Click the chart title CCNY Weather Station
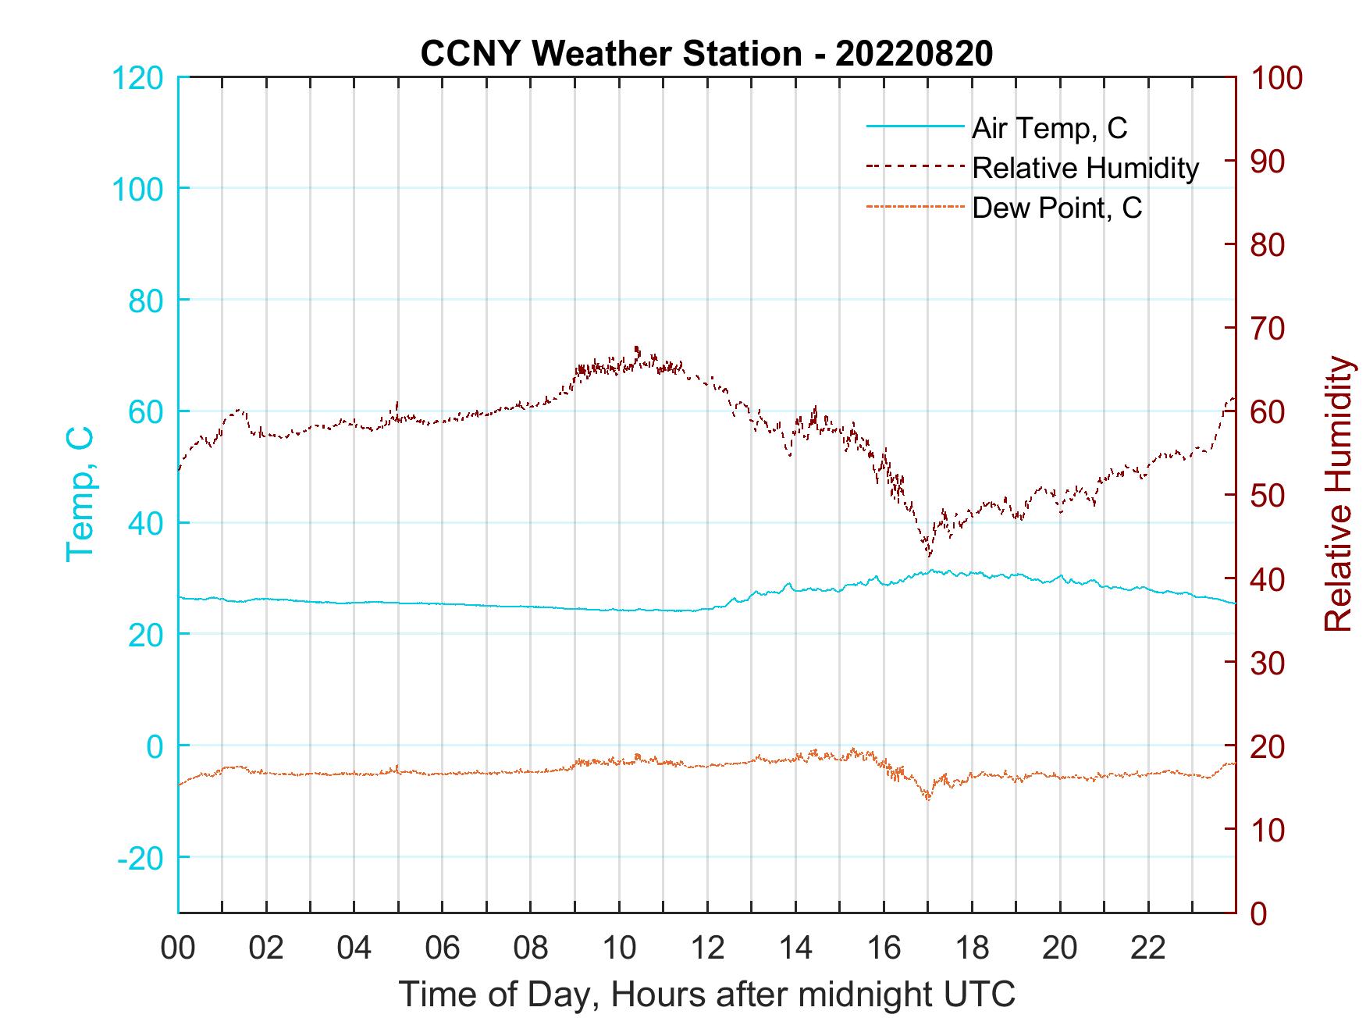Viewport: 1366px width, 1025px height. click(x=706, y=54)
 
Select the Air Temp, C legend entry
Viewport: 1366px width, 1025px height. click(x=1049, y=128)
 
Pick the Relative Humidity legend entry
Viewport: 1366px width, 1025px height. click(x=1085, y=168)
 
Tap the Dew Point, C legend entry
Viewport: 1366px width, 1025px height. click(x=1057, y=208)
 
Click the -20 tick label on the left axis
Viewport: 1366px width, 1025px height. click(x=141, y=858)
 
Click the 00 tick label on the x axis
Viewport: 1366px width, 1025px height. click(x=178, y=948)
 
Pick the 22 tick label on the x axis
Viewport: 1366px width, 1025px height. click(x=1148, y=948)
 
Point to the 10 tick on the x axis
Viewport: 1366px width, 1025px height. click(x=619, y=948)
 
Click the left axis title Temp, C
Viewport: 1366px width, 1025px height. click(x=80, y=493)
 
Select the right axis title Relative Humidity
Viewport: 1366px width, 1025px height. click(x=1338, y=493)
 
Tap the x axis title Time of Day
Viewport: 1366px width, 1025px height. click(x=706, y=995)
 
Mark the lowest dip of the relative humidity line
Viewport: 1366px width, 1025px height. click(x=929, y=556)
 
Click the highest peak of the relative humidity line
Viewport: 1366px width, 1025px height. click(x=637, y=347)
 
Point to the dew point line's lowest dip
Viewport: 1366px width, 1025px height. click(x=928, y=799)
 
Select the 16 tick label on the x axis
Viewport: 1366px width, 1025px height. click(x=884, y=948)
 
